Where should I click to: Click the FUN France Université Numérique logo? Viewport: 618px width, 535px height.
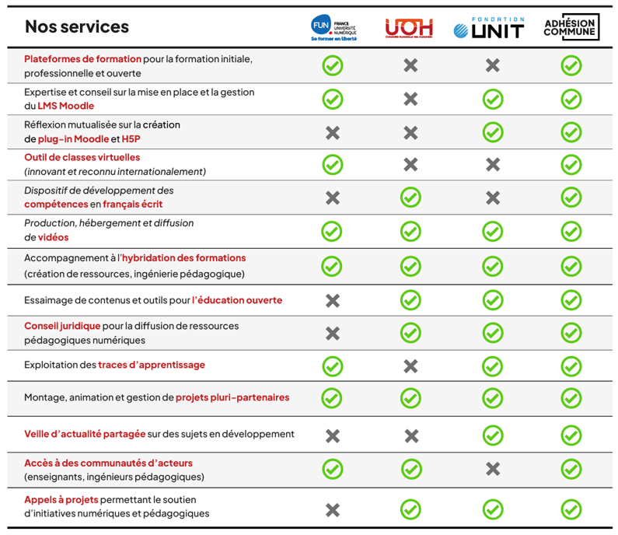(x=333, y=27)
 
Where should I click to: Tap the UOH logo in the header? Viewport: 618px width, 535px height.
(x=410, y=28)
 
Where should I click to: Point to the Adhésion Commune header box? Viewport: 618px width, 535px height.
(x=571, y=27)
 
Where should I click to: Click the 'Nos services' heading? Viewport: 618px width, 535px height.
(x=77, y=27)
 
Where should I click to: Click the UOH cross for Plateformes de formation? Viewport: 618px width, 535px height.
(x=410, y=65)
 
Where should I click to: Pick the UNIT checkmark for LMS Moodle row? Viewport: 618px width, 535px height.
(x=492, y=99)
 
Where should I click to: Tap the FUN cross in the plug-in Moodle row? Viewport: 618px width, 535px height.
(x=333, y=133)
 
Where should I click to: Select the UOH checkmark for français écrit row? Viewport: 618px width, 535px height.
(x=410, y=198)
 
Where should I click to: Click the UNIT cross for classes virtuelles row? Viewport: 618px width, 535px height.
(x=492, y=165)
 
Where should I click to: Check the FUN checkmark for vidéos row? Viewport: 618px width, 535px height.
(x=333, y=231)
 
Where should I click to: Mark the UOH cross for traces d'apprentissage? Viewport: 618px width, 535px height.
(x=410, y=365)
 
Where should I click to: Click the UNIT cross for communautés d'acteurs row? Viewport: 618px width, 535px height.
(x=492, y=469)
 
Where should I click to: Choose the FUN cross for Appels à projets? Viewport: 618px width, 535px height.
(x=333, y=510)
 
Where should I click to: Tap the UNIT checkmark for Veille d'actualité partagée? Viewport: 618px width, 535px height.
(x=492, y=435)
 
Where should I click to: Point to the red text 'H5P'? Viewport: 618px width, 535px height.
(x=131, y=139)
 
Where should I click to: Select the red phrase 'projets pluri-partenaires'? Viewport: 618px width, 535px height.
(x=232, y=397)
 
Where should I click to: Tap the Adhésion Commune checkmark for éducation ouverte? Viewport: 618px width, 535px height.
(x=571, y=300)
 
